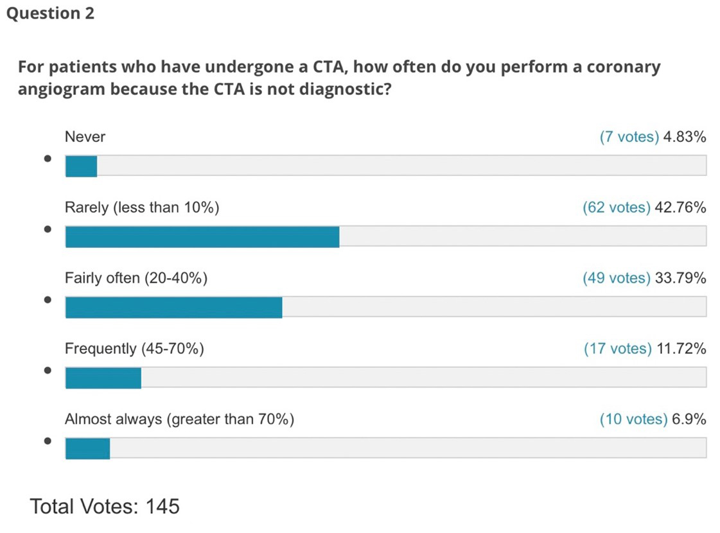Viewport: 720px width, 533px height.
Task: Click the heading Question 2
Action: (50, 13)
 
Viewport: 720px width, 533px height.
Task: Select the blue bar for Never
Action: (81, 166)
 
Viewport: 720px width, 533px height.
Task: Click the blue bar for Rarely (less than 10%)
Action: (202, 237)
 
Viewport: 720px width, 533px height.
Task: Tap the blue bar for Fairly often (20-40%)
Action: (173, 308)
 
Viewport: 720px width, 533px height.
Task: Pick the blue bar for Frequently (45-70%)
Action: (103, 378)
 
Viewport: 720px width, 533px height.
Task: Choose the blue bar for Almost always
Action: (87, 449)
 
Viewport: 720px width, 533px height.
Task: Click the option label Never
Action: (85, 137)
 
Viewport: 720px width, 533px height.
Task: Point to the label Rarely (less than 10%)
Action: (142, 207)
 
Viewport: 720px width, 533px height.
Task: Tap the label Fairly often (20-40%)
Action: (136, 278)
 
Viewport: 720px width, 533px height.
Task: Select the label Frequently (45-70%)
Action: (134, 349)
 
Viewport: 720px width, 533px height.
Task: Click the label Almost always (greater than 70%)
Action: (179, 419)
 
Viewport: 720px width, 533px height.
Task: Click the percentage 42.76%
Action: (680, 207)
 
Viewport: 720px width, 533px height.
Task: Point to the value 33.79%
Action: (680, 278)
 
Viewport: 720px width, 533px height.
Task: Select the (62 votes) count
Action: (616, 207)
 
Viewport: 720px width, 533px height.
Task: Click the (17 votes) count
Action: (617, 349)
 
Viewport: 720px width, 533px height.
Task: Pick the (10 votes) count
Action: (633, 419)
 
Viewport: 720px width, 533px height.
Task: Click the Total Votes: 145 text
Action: (105, 506)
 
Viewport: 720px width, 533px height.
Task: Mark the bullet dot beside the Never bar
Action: (48, 159)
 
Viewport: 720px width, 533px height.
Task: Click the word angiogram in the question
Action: (60, 89)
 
